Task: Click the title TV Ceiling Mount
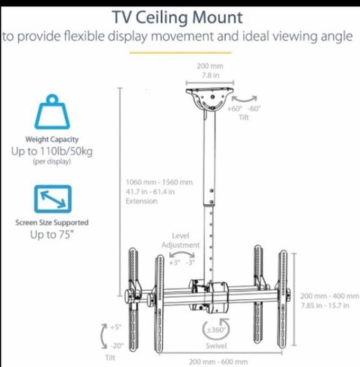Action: pyautogui.click(x=177, y=17)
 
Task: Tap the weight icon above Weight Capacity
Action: pyautogui.click(x=52, y=112)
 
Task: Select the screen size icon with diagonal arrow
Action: pyautogui.click(x=52, y=199)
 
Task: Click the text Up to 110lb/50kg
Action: pyautogui.click(x=52, y=151)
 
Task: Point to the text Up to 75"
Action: pyautogui.click(x=52, y=234)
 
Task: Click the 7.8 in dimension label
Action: pyautogui.click(x=210, y=75)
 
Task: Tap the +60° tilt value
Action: pyautogui.click(x=235, y=108)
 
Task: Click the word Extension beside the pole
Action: pyautogui.click(x=141, y=201)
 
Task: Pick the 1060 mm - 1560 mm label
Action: pyautogui.click(x=159, y=182)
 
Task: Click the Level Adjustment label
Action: pyautogui.click(x=180, y=240)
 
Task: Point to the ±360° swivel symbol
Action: pyautogui.click(x=215, y=329)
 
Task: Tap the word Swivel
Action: pyautogui.click(x=216, y=346)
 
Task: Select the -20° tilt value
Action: pyautogui.click(x=117, y=345)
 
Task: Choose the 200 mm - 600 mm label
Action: pyautogui.click(x=218, y=362)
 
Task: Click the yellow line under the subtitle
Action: pyautogui.click(x=180, y=53)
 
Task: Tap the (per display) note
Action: pyautogui.click(x=52, y=161)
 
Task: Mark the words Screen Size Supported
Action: pyautogui.click(x=52, y=222)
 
